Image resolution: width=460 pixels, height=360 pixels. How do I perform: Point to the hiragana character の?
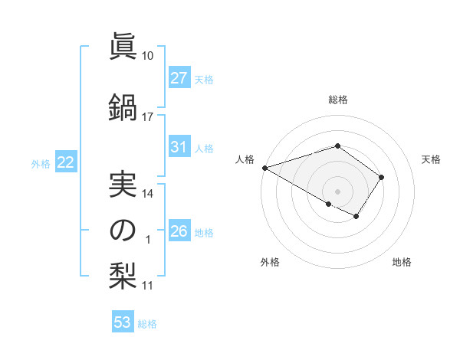(123, 231)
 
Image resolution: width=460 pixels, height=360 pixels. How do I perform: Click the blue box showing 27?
(179, 77)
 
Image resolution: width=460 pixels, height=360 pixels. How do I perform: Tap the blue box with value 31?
(179, 147)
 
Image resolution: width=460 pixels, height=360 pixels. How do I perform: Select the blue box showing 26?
(179, 231)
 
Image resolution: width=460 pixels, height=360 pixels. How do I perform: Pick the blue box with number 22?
(66, 162)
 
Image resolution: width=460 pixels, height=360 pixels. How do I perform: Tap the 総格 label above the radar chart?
(337, 100)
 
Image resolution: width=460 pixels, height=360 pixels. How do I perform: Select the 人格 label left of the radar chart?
(245, 159)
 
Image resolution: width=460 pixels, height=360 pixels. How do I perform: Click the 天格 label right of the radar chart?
(431, 159)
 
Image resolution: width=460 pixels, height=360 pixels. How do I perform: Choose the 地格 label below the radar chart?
(402, 262)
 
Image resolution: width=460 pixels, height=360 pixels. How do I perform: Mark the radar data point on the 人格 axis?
(264, 168)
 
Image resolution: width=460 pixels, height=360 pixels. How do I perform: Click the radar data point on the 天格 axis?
(382, 177)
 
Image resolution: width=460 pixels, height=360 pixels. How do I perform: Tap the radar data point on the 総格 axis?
(337, 146)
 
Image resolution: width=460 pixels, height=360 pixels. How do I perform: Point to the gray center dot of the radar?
(337, 191)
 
